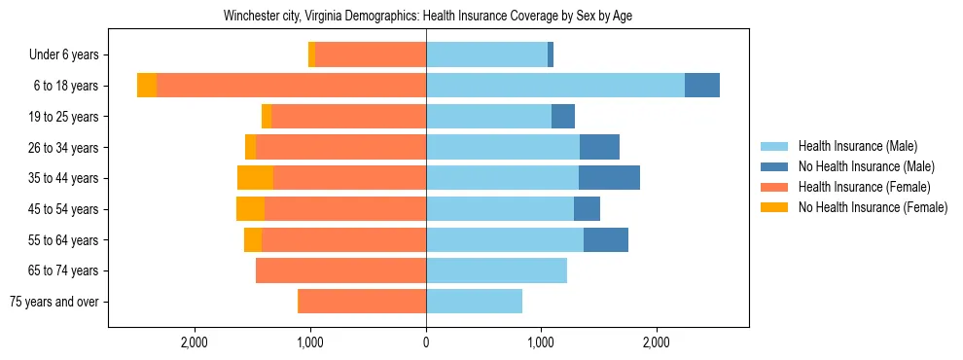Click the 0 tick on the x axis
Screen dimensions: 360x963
click(426, 342)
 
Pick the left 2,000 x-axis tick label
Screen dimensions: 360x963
click(195, 342)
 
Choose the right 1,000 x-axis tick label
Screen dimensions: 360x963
click(541, 342)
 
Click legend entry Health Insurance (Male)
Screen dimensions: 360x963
click(857, 146)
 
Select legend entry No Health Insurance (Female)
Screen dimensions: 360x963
click(873, 207)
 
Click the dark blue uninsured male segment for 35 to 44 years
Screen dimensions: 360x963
click(609, 178)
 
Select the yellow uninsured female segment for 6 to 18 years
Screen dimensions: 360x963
click(147, 86)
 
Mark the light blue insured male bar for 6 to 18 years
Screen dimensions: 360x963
click(554, 86)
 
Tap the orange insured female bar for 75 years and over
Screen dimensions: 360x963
click(362, 302)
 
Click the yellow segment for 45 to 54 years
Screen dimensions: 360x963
click(250, 209)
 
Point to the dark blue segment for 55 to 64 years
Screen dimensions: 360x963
click(606, 239)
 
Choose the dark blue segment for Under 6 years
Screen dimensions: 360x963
click(551, 55)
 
